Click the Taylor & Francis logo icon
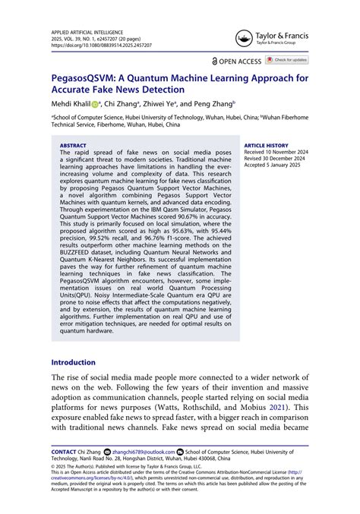(245, 38)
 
